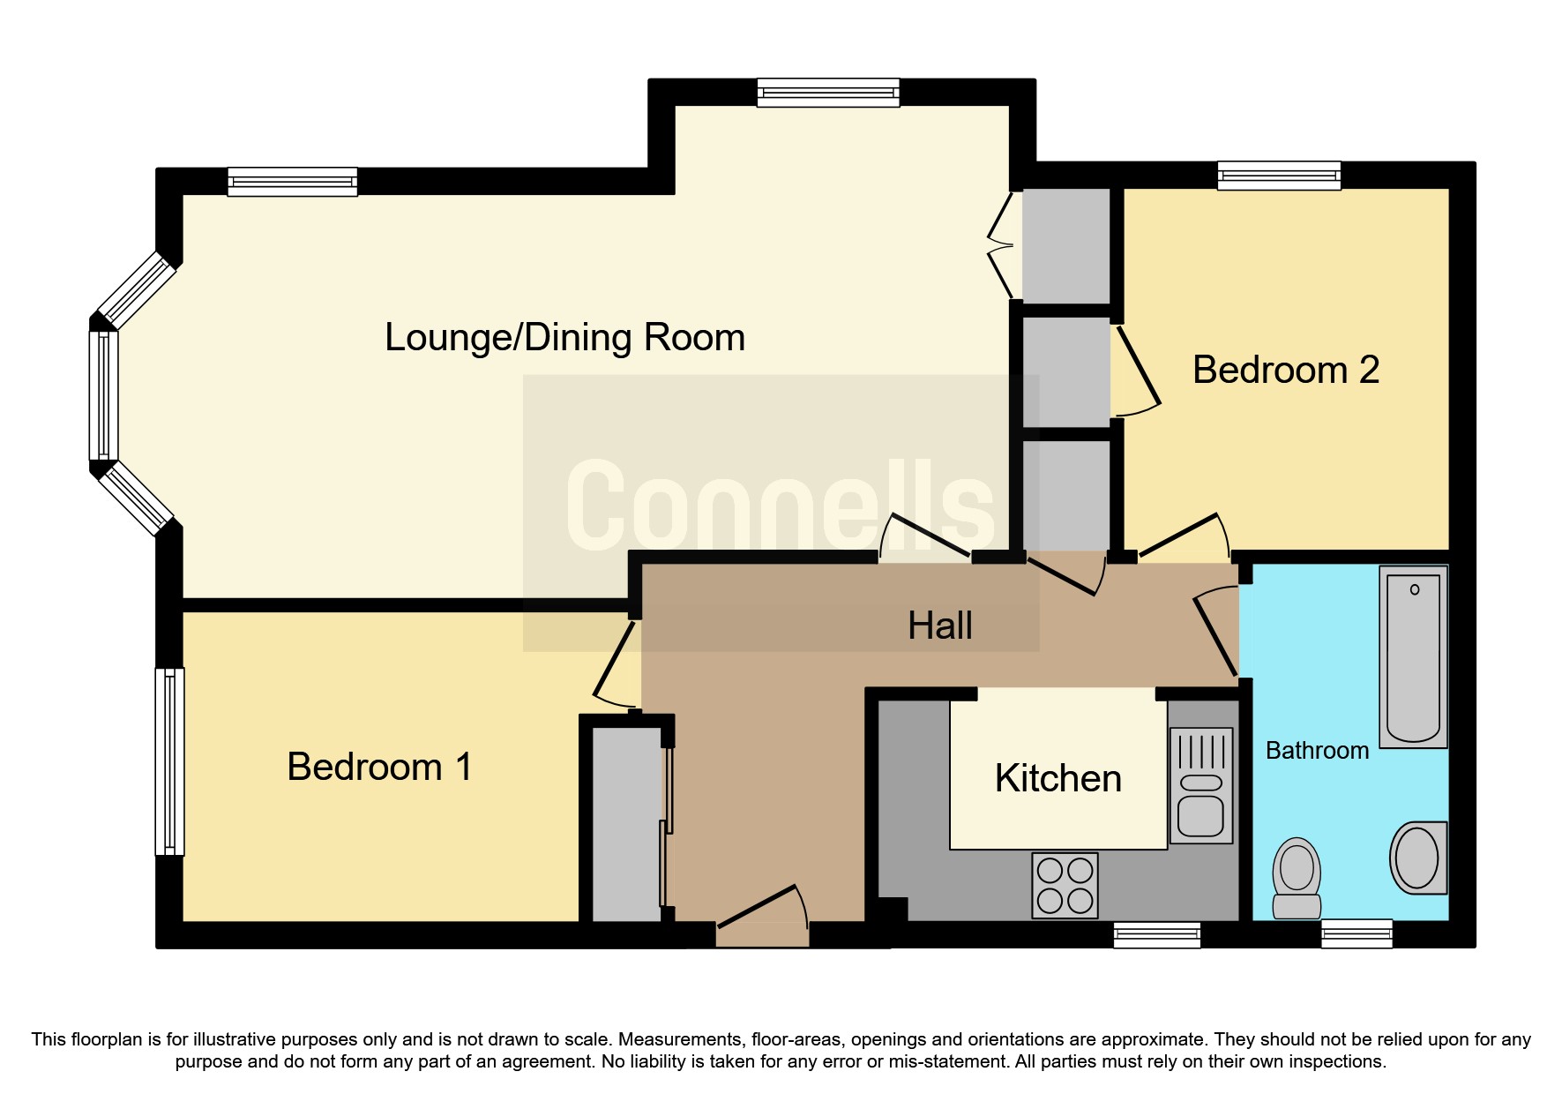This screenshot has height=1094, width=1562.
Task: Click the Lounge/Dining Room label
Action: tap(564, 338)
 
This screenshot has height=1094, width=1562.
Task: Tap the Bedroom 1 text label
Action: tap(379, 767)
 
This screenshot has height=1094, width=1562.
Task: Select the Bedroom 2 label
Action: tap(1285, 370)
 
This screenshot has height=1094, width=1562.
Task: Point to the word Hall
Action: tap(940, 626)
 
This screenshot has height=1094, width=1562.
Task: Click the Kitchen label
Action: tap(1058, 779)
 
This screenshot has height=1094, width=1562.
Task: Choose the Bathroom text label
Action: tap(1317, 751)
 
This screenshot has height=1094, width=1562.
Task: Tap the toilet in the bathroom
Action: tap(1297, 879)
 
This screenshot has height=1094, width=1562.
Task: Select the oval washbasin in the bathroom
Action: tap(1417, 858)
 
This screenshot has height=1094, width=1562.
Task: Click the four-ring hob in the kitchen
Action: tap(1065, 885)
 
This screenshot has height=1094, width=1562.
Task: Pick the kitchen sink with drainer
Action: tap(1200, 785)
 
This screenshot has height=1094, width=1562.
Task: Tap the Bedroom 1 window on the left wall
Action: tap(169, 761)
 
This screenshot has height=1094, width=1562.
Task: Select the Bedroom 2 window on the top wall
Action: tap(1279, 175)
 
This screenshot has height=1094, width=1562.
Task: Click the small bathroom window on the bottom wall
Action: tap(1356, 933)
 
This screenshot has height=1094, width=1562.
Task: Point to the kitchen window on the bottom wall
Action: tap(1156, 934)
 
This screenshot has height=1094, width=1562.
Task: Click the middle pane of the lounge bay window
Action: tap(103, 395)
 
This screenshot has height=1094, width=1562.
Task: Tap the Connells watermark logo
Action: tap(781, 506)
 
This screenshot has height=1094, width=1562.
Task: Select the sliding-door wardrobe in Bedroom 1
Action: tap(626, 824)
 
